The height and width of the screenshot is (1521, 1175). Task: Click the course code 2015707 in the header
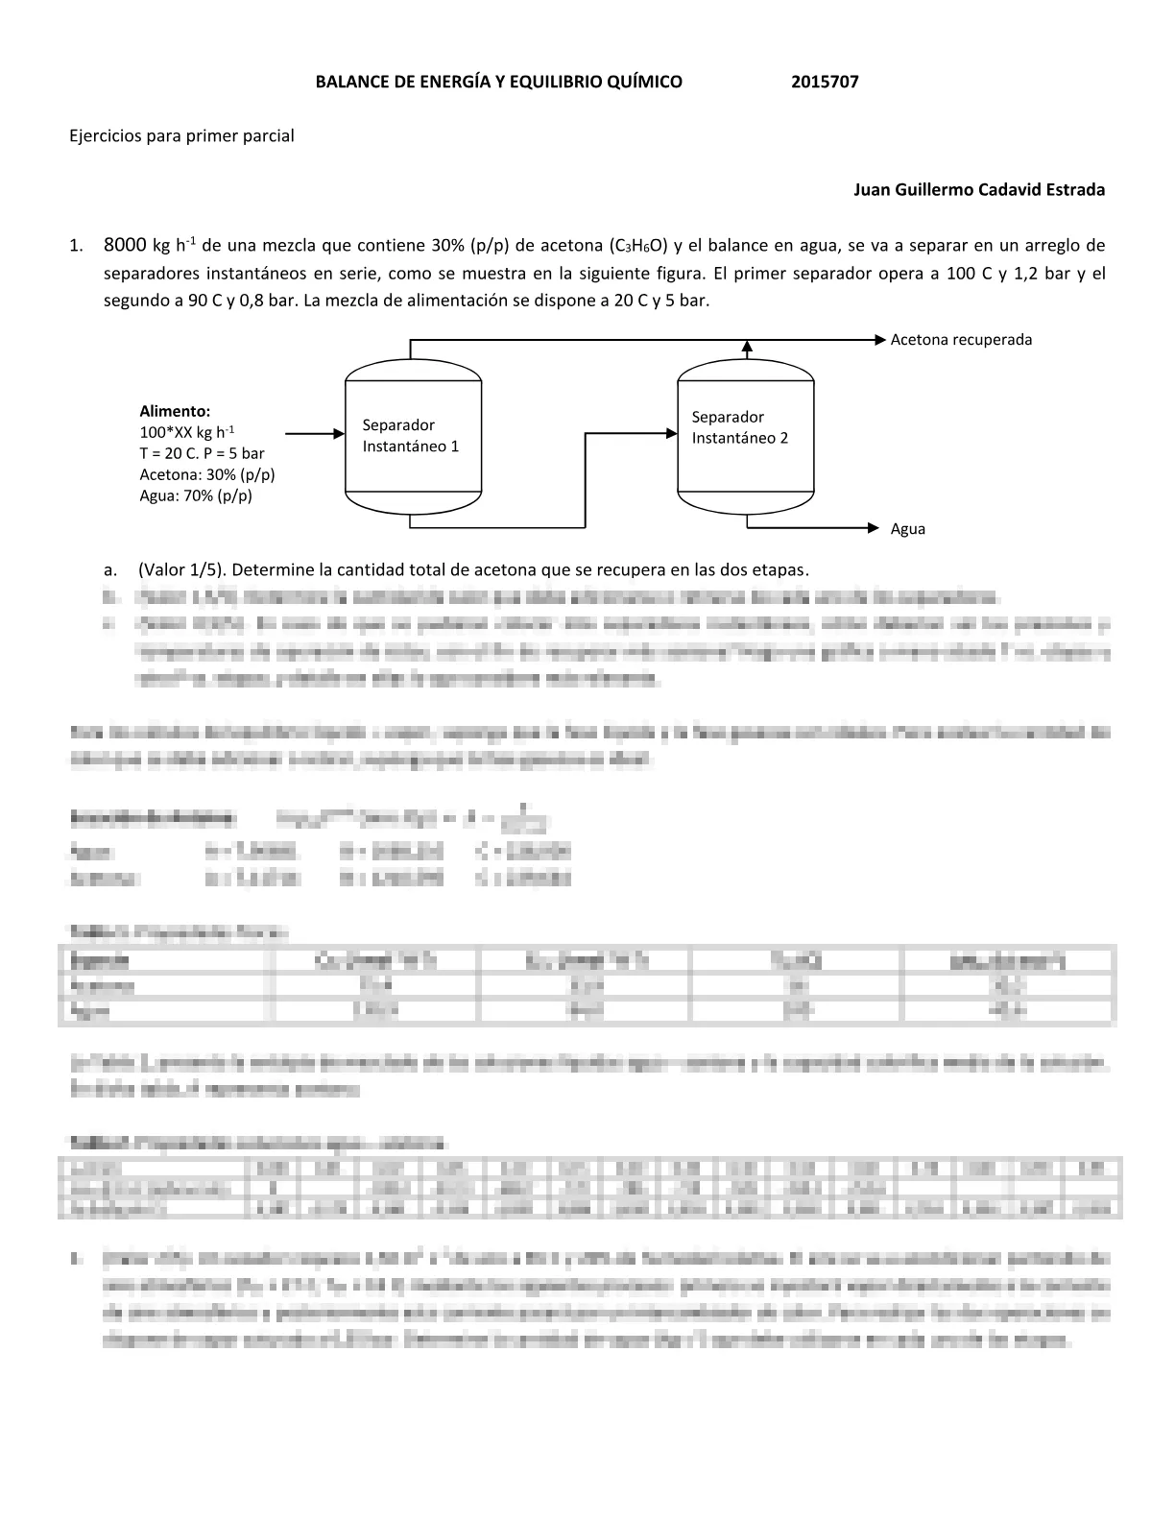pyautogui.click(x=825, y=82)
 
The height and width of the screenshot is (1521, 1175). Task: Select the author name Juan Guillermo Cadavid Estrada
pyautogui.click(x=979, y=189)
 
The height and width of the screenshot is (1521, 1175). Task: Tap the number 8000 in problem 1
pyautogui.click(x=125, y=245)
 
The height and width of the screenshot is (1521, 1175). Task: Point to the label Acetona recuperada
pyautogui.click(x=961, y=340)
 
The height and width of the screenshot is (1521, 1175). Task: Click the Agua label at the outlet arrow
pyautogui.click(x=908, y=529)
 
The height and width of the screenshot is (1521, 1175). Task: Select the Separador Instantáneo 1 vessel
pyautogui.click(x=413, y=435)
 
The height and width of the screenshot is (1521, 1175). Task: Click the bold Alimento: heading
pyautogui.click(x=175, y=411)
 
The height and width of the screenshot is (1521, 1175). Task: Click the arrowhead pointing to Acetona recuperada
pyautogui.click(x=879, y=340)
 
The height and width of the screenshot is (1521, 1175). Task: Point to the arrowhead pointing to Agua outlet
pyautogui.click(x=873, y=528)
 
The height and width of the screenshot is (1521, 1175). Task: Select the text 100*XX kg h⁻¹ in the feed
pyautogui.click(x=187, y=432)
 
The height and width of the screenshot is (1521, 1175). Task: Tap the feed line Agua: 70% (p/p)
pyautogui.click(x=196, y=495)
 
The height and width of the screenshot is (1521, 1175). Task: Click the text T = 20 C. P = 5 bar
pyautogui.click(x=202, y=453)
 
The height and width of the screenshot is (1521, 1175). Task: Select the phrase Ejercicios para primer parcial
pyautogui.click(x=181, y=135)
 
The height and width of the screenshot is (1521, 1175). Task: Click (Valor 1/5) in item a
pyautogui.click(x=183, y=569)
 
